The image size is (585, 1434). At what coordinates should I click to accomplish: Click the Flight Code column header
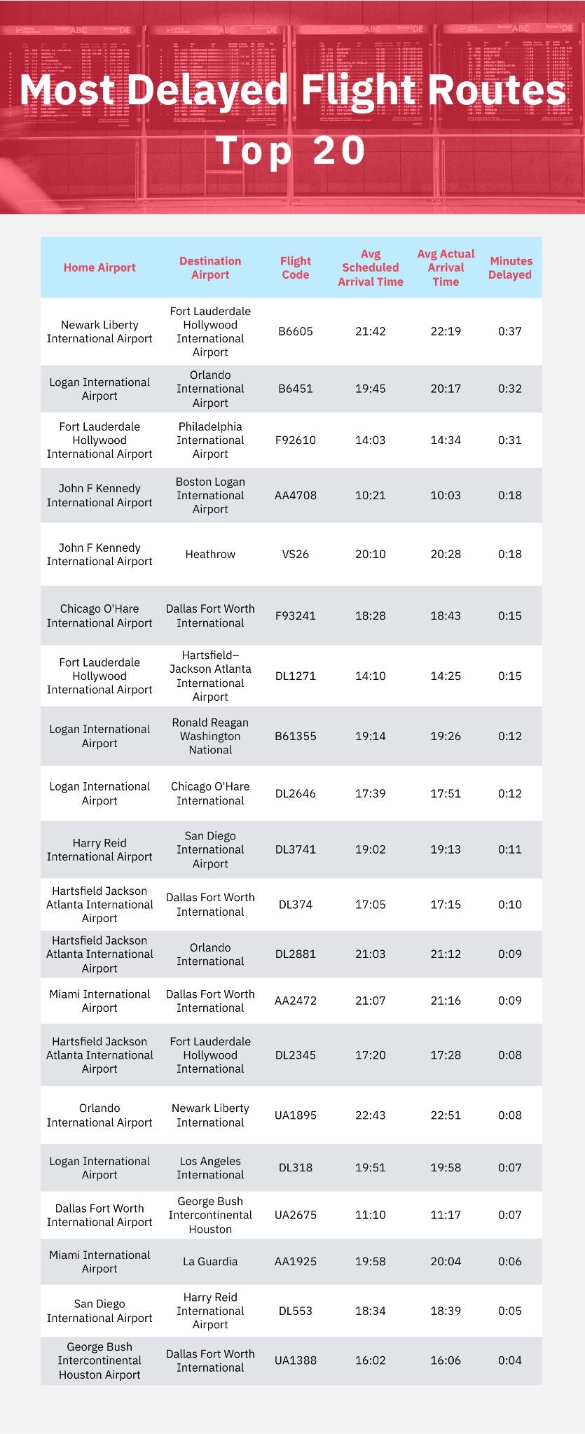coord(295,267)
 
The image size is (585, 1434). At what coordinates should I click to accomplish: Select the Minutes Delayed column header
coord(510,267)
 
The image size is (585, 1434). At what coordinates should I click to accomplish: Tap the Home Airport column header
coord(99,267)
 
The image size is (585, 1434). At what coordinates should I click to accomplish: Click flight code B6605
coord(295,331)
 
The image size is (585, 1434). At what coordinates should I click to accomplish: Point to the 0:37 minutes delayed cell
coord(509,331)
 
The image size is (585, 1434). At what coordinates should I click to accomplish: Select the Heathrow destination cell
coord(210,554)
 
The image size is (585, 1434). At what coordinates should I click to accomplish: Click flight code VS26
coord(295,554)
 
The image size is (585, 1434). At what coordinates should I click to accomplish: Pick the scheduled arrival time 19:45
coord(370,389)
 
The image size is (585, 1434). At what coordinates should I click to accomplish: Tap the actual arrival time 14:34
coord(446,440)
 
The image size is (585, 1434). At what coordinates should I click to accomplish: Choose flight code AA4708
coord(295,495)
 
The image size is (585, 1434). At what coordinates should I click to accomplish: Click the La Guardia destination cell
coord(210,1261)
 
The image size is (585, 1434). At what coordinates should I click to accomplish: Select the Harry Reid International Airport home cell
coord(99,849)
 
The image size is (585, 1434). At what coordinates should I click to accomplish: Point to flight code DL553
coord(295,1310)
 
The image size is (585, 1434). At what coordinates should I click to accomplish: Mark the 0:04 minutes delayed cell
coord(509,1360)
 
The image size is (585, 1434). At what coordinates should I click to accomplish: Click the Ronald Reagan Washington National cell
coord(210,736)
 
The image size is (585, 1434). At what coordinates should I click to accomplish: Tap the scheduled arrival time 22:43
coord(370,1115)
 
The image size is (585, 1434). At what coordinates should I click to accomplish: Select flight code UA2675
coord(295,1214)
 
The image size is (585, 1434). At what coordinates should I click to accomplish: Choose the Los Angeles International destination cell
coord(210,1167)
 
